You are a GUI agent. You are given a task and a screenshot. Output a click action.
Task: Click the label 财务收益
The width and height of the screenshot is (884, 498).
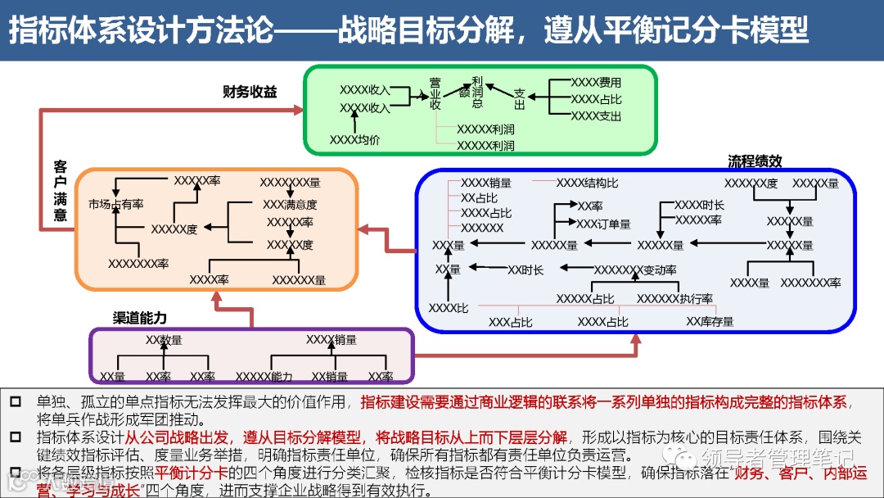pyautogui.click(x=250, y=93)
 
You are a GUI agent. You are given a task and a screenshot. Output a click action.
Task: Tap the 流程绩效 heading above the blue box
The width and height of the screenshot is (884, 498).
pyautogui.click(x=755, y=161)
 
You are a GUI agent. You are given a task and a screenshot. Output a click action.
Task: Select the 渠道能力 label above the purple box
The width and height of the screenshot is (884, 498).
pyautogui.click(x=139, y=318)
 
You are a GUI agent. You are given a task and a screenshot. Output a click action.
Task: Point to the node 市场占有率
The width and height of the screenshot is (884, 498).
pyautogui.click(x=115, y=204)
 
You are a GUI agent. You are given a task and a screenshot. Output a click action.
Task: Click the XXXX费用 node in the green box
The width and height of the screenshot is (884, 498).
pyautogui.click(x=596, y=83)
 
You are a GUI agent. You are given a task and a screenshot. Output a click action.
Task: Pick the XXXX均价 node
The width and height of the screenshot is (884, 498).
pyautogui.click(x=354, y=140)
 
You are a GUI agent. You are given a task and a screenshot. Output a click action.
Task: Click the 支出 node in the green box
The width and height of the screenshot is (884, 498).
pyautogui.click(x=519, y=98)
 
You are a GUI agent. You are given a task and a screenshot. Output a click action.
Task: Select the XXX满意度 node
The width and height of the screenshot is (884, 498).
pyautogui.click(x=289, y=204)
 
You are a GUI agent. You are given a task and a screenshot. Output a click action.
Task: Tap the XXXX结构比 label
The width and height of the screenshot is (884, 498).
pyautogui.click(x=587, y=183)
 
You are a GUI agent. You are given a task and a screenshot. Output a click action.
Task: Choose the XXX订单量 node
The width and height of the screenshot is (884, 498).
pyautogui.click(x=603, y=224)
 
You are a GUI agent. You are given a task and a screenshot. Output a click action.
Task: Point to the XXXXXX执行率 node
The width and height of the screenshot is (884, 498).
pyautogui.click(x=674, y=299)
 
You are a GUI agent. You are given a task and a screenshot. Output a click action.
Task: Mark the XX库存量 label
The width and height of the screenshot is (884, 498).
pyautogui.click(x=710, y=322)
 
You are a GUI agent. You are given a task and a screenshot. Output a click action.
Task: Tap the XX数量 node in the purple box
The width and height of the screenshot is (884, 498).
pyautogui.click(x=164, y=340)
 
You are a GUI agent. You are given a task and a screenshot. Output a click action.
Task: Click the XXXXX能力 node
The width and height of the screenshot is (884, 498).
pyautogui.click(x=264, y=377)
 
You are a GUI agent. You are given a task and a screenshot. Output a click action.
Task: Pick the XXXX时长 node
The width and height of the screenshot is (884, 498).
pyautogui.click(x=699, y=205)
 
